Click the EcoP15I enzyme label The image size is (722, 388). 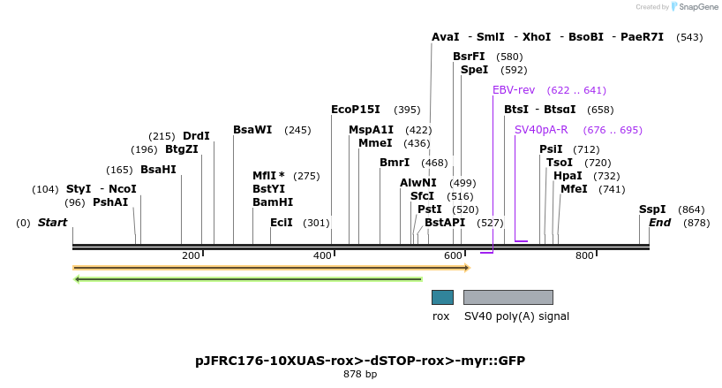(355, 110)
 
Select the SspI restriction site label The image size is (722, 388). (652, 209)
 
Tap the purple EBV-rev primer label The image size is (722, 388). (514, 90)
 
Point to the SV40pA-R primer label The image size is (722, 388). (541, 130)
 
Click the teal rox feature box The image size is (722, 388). (442, 297)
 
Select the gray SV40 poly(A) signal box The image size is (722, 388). (508, 297)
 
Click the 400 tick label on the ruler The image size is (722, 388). (322, 256)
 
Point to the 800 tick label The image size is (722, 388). (584, 256)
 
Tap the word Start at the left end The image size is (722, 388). (52, 223)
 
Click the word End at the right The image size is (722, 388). (659, 223)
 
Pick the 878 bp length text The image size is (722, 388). (360, 375)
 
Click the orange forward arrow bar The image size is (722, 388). (271, 267)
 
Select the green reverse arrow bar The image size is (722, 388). (248, 279)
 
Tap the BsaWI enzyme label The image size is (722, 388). (252, 130)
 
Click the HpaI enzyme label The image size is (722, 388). (568, 176)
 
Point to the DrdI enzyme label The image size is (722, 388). (196, 136)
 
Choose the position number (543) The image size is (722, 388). (689, 37)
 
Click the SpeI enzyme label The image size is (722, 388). (474, 70)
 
